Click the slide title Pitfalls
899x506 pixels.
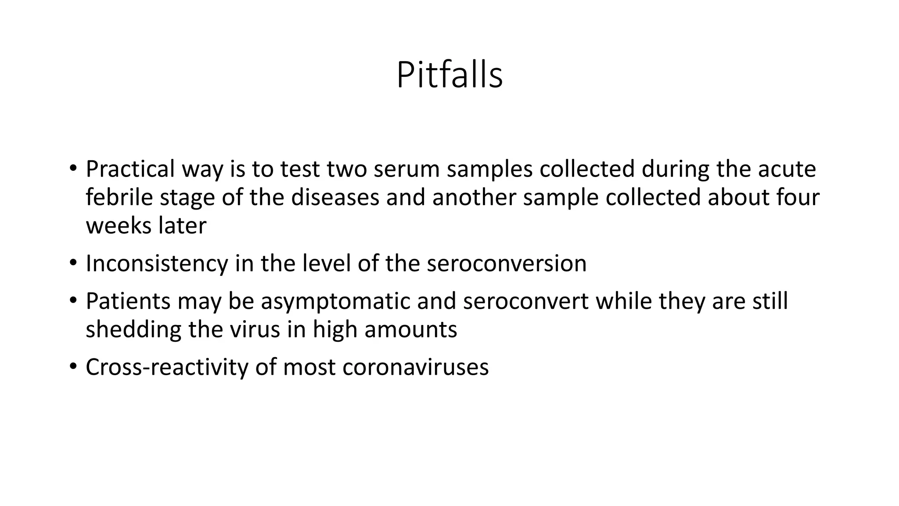click(x=449, y=76)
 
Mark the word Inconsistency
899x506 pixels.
click(x=157, y=264)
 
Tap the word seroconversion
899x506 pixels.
click(x=506, y=264)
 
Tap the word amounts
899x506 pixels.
click(x=410, y=329)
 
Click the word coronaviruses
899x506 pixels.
click(x=415, y=367)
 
